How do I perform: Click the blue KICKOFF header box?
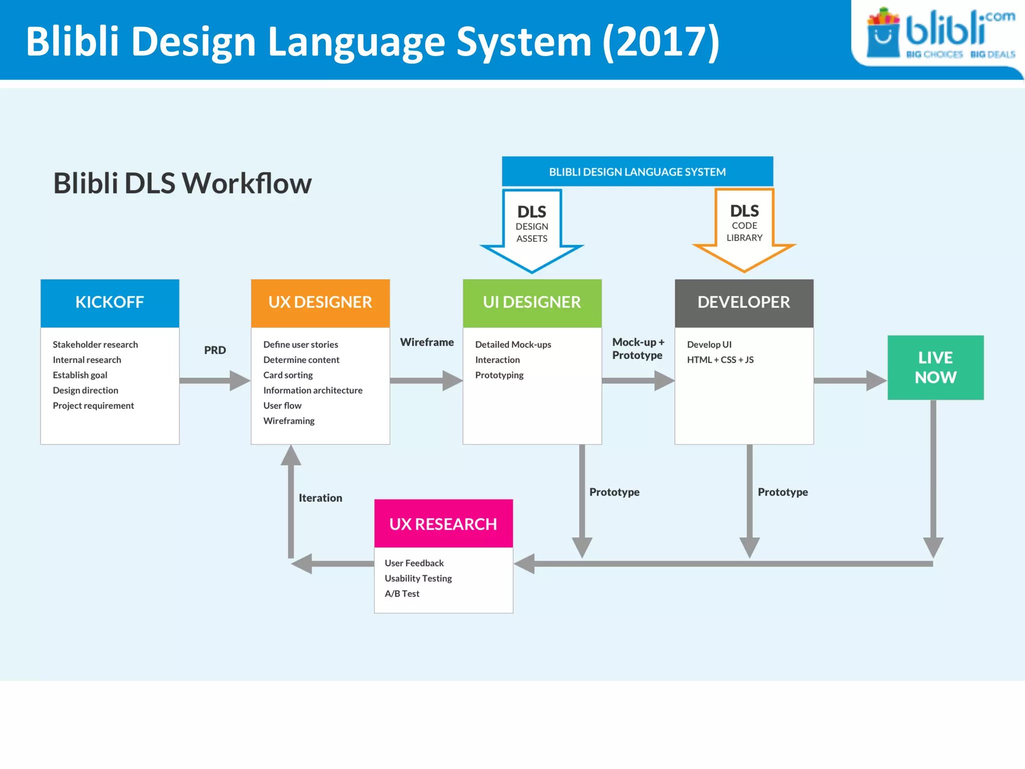point(110,303)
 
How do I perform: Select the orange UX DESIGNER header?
point(320,303)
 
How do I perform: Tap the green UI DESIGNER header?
point(532,303)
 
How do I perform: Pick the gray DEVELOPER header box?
point(744,303)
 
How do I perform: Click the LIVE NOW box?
point(935,367)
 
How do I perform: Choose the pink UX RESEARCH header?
point(443,524)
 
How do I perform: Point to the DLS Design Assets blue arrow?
point(532,230)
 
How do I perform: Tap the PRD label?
point(215,350)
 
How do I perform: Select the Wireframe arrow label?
point(426,342)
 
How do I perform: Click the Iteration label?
point(320,498)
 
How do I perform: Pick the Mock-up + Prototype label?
point(638,348)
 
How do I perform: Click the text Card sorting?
point(288,375)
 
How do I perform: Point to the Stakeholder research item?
point(95,344)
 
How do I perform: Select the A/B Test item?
point(402,593)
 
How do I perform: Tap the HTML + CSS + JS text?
point(720,359)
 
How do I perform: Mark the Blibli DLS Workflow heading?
point(182,183)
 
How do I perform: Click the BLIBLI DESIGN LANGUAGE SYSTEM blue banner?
point(637,172)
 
